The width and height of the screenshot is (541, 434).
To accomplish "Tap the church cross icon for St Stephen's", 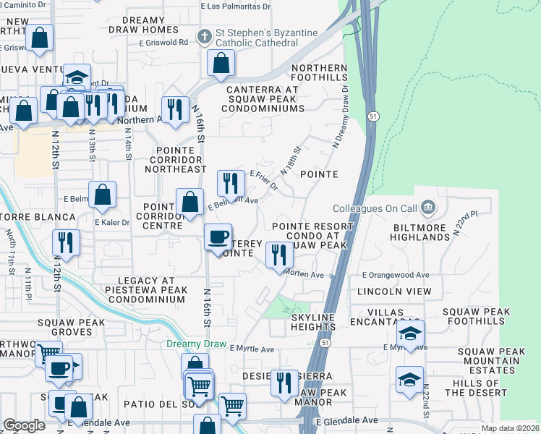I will click(x=206, y=35).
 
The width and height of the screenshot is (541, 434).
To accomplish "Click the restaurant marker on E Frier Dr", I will click(x=231, y=183).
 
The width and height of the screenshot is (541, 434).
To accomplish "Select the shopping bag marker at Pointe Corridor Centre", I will click(x=190, y=202).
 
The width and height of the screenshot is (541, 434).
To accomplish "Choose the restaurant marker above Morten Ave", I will click(x=278, y=254).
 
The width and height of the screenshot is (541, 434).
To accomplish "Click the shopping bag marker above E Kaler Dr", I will click(x=103, y=195).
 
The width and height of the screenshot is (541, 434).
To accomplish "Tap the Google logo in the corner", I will click(x=25, y=425).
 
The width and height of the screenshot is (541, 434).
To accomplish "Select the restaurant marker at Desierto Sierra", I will click(x=284, y=381).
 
